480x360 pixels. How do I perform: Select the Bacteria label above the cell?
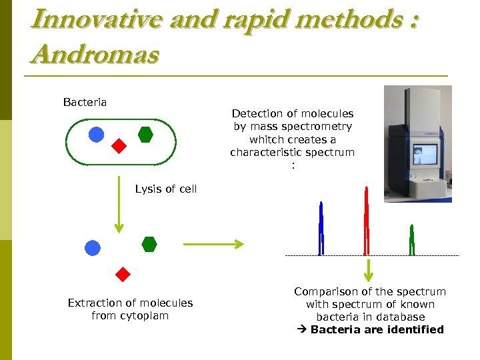[85, 102]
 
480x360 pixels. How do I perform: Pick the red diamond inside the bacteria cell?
[119, 146]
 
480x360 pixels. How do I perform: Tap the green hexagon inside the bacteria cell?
[145, 135]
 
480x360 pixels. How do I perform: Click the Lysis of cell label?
[165, 189]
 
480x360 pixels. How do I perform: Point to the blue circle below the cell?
[93, 248]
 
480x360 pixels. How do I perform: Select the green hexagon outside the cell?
[149, 244]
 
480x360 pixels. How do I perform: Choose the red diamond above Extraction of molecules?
[122, 274]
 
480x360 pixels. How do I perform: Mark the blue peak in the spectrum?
[321, 230]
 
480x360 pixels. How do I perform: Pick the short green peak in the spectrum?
[412, 241]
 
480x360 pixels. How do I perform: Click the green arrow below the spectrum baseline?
[367, 271]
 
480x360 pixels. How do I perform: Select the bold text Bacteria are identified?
[377, 329]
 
